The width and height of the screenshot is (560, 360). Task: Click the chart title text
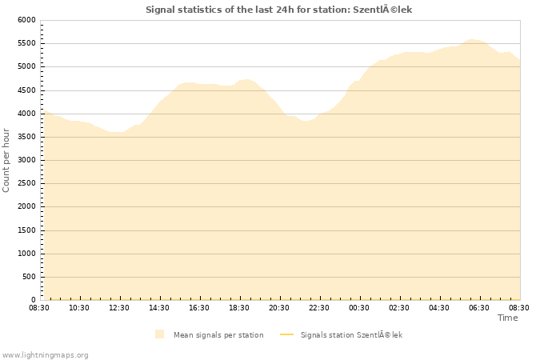(x=279, y=10)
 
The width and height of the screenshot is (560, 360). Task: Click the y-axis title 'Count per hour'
(x=7, y=160)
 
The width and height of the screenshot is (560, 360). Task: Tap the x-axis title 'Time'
(x=507, y=318)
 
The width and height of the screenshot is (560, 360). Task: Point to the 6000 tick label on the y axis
(x=26, y=20)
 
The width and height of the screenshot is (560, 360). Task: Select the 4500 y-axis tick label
(x=26, y=90)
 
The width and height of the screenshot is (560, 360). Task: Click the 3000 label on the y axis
(x=26, y=160)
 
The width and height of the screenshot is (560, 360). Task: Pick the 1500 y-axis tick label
(x=26, y=230)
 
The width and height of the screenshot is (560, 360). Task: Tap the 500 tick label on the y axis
(x=28, y=277)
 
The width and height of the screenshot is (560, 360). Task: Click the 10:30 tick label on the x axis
(x=79, y=307)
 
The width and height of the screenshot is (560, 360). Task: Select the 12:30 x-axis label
(x=119, y=307)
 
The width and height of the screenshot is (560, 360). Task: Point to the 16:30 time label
(x=199, y=307)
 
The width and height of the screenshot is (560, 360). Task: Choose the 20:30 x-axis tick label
(x=279, y=307)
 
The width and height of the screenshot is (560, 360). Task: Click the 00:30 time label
(x=359, y=307)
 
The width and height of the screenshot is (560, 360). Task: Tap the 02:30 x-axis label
(x=399, y=307)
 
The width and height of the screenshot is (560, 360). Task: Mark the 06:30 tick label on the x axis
(x=479, y=307)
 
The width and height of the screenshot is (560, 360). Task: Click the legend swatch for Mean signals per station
(x=160, y=334)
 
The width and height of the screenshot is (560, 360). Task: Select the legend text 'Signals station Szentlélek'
(x=351, y=334)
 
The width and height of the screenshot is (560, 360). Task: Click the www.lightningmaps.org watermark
(x=46, y=354)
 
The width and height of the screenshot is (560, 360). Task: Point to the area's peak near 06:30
(x=472, y=39)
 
